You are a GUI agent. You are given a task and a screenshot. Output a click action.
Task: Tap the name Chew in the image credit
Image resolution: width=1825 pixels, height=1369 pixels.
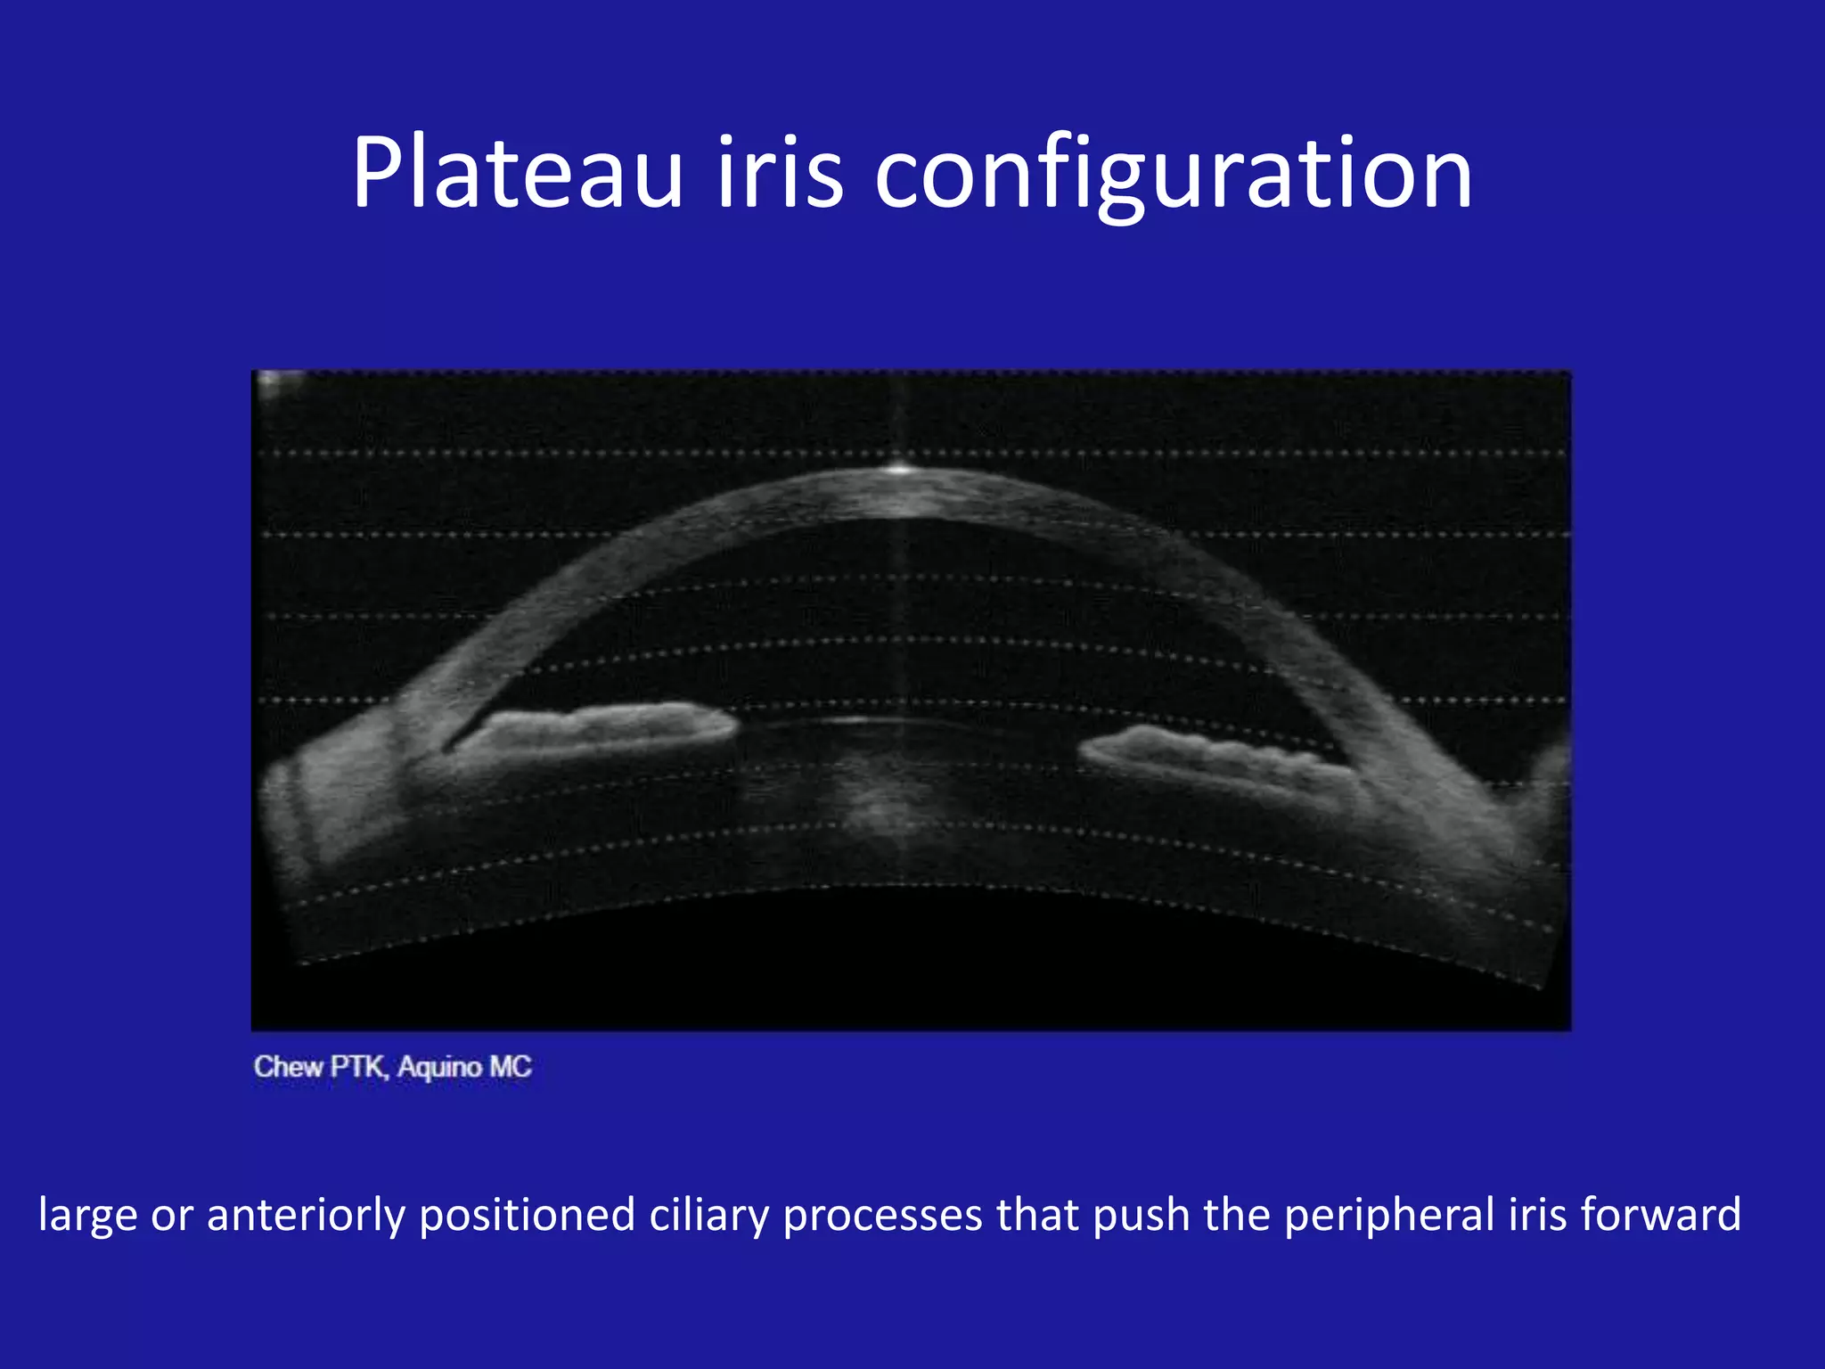pos(287,1067)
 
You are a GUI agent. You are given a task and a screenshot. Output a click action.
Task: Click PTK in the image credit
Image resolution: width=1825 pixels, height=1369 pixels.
pos(358,1067)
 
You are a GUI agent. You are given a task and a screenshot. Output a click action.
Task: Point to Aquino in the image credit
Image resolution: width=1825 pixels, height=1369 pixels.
pos(439,1067)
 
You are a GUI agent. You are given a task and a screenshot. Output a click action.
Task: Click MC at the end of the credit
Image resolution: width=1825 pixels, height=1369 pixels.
pos(510,1067)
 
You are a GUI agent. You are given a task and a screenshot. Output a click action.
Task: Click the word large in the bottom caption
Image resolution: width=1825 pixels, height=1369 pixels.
pos(87,1216)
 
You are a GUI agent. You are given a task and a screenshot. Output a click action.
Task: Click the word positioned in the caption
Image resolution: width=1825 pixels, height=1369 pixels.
pos(526,1216)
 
